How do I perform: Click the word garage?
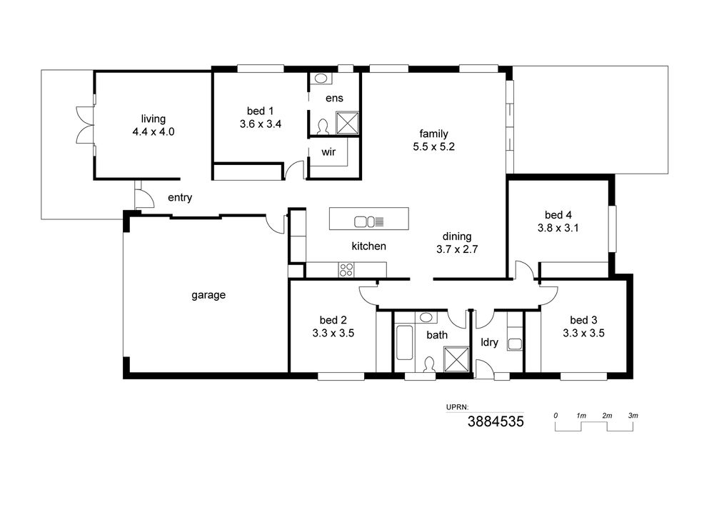(x=208, y=295)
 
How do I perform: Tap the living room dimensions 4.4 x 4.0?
(x=154, y=132)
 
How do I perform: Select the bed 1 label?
(x=260, y=111)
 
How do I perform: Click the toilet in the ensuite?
(x=323, y=126)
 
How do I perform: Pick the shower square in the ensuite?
(x=348, y=123)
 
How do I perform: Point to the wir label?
(x=328, y=151)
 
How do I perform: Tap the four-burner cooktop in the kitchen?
(x=346, y=269)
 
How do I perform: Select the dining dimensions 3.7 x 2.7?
(x=457, y=249)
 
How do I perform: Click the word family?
(x=433, y=134)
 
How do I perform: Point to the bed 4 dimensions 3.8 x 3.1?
(x=558, y=228)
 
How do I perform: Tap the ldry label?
(x=490, y=342)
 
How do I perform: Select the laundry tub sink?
(x=515, y=344)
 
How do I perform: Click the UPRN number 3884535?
(x=496, y=421)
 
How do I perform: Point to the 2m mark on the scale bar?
(x=607, y=416)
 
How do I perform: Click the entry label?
(x=180, y=198)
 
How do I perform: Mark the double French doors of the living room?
(x=85, y=125)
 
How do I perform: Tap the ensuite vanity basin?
(x=321, y=78)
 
